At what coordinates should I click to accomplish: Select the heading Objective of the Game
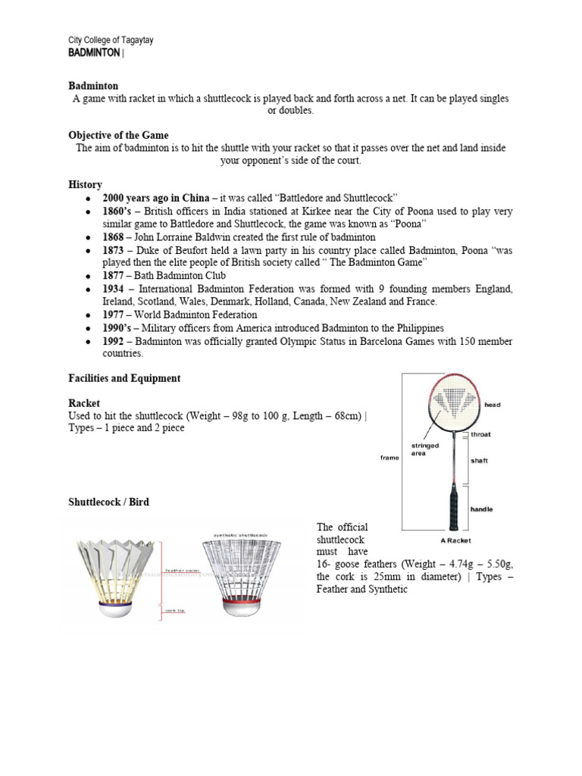pyautogui.click(x=118, y=135)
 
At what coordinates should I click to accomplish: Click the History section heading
pyautogui.click(x=85, y=184)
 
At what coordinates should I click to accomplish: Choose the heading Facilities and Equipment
pyautogui.click(x=124, y=377)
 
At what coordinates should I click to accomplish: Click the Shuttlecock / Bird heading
pyautogui.click(x=108, y=502)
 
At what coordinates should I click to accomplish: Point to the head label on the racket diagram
pyautogui.click(x=493, y=405)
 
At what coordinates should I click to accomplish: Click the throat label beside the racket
pyautogui.click(x=480, y=434)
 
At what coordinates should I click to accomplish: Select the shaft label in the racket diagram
pyautogui.click(x=480, y=460)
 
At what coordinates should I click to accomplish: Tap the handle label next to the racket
pyautogui.click(x=481, y=509)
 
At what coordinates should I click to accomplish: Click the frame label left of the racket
pyautogui.click(x=390, y=458)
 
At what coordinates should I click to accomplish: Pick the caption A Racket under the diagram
pyautogui.click(x=456, y=541)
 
